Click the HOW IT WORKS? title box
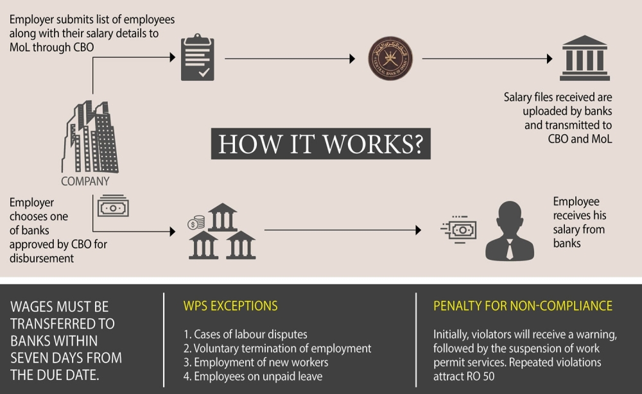click(x=320, y=144)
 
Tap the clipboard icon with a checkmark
click(x=197, y=58)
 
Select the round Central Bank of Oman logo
click(x=390, y=58)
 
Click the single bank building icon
click(x=584, y=58)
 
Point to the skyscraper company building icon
click(x=91, y=137)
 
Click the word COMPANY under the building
click(x=85, y=182)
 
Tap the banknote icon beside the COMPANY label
click(x=113, y=207)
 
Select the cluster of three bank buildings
click(x=222, y=232)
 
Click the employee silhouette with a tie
click(x=509, y=232)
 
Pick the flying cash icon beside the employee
click(x=459, y=229)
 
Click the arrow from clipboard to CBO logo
click(x=289, y=58)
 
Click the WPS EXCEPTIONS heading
click(x=230, y=305)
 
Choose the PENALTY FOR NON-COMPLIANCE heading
click(x=523, y=305)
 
